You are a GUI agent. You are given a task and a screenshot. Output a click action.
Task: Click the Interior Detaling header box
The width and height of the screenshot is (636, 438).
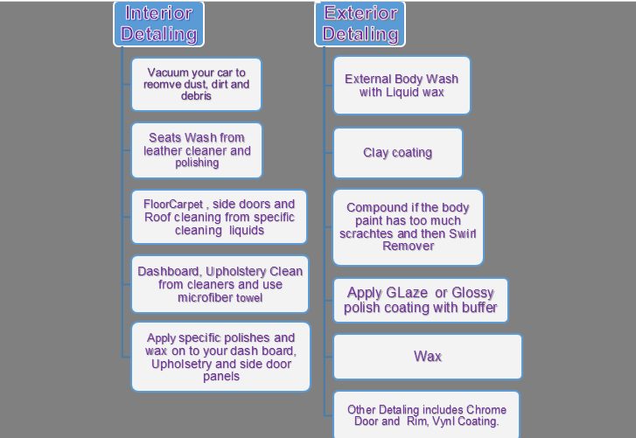pos(158,24)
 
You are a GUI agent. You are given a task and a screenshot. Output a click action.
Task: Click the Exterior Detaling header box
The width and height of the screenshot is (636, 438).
pos(360,24)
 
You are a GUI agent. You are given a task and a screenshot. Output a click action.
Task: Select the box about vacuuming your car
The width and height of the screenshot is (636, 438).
pos(196,84)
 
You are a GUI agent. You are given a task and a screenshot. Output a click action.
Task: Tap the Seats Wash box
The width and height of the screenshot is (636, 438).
pos(197,150)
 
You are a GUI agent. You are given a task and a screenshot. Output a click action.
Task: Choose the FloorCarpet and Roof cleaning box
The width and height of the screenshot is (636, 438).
pos(219,217)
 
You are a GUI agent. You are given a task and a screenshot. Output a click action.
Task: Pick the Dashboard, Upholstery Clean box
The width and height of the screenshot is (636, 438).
pos(220,284)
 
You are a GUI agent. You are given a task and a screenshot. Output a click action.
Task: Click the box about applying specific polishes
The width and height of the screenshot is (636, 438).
pos(220,357)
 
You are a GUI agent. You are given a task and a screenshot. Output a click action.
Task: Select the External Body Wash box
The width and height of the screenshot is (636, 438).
pos(402,85)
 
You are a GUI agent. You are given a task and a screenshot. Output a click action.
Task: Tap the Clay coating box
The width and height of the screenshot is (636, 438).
pos(397,153)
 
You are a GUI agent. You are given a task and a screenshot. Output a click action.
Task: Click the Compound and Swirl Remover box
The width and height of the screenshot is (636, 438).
pos(408,227)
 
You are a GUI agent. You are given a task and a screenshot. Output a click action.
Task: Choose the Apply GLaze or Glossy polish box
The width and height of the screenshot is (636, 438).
pos(420,300)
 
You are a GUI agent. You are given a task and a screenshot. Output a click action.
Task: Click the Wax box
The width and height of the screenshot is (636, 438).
pos(428,357)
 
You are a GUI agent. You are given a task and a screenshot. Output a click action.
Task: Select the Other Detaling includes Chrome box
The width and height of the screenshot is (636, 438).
pos(426,415)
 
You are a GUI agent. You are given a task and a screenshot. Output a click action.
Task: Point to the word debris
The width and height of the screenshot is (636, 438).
pos(196,96)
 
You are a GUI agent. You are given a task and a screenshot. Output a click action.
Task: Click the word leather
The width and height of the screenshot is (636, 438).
pos(163,150)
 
